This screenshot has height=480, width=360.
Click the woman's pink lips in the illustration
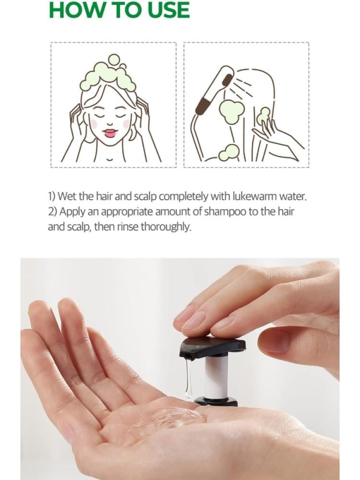point(110,133)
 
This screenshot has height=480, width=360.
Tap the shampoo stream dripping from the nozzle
point(188,378)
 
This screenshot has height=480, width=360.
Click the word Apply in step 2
point(72,212)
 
